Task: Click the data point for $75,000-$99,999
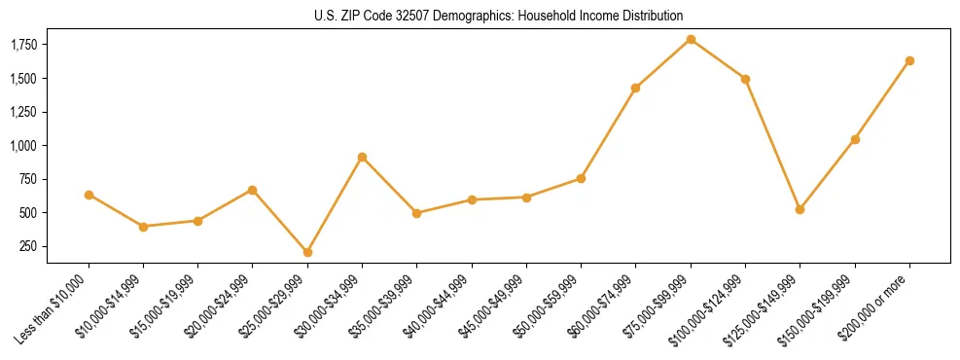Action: click(x=691, y=40)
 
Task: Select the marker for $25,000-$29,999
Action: click(x=307, y=252)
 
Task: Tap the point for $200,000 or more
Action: click(x=909, y=60)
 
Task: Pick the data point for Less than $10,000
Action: click(x=89, y=195)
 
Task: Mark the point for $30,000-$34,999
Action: click(x=362, y=157)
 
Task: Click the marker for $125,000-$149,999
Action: click(x=800, y=209)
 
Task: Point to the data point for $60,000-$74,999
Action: click(x=635, y=88)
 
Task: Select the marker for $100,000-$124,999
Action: click(x=745, y=79)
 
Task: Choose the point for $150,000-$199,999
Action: click(x=855, y=139)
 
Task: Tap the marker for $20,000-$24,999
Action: click(x=253, y=190)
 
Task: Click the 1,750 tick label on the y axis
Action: click(x=24, y=45)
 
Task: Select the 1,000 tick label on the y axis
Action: click(x=24, y=146)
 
